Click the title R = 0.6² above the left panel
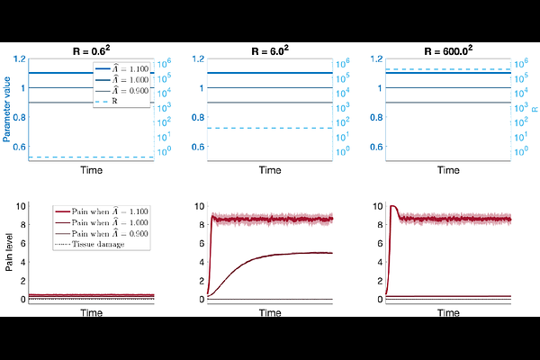click(x=94, y=51)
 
